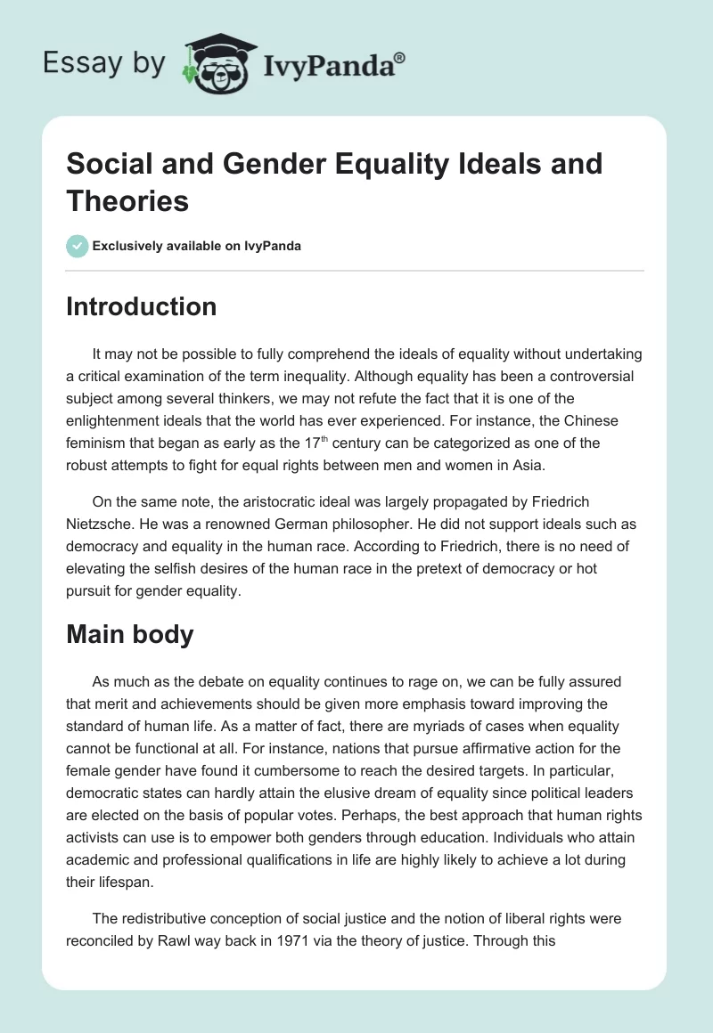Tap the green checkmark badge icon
point(78,246)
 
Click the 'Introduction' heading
point(142,306)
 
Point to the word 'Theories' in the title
point(127,201)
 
